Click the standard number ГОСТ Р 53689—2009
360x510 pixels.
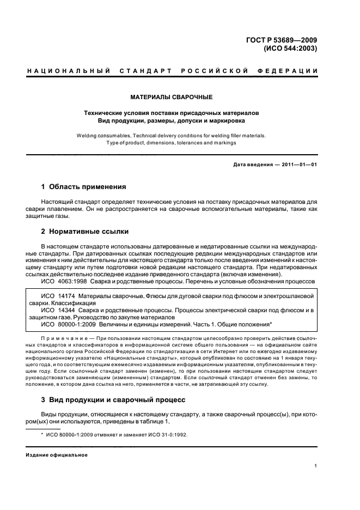point(284,39)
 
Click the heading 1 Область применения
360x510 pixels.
point(84,187)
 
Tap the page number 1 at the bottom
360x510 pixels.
point(316,465)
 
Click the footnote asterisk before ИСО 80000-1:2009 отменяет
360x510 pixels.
point(42,433)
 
